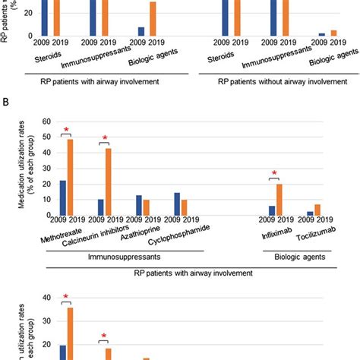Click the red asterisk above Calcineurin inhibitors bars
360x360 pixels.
click(x=105, y=137)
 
